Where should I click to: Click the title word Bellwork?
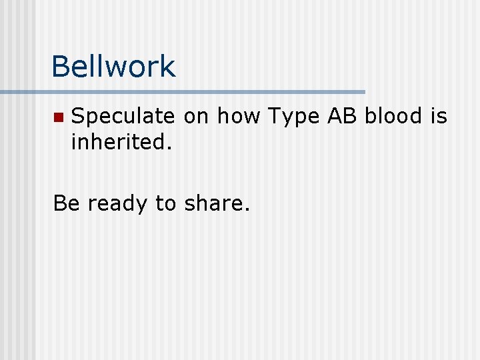113,66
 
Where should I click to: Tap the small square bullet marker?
58,117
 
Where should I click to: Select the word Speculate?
123,117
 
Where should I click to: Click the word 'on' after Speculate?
196,117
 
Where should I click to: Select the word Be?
67,203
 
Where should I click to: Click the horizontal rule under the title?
200,91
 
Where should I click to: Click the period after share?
247,209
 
